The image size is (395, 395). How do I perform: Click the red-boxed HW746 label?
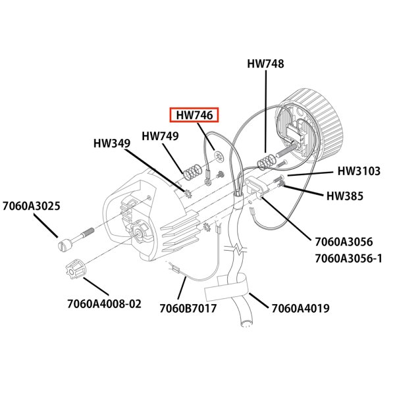tap(194, 115)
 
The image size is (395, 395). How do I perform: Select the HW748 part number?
tap(265, 64)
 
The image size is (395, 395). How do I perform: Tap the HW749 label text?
tap(160, 137)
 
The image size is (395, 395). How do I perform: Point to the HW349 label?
tap(111, 142)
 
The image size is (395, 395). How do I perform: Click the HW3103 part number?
tap(359, 171)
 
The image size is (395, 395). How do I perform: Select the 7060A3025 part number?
tap(31, 206)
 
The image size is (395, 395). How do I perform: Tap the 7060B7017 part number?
tap(188, 307)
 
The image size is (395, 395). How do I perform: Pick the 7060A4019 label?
tap(300, 307)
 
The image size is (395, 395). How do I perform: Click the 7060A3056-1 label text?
tap(348, 258)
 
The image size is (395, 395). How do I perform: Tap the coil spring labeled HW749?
tap(191, 172)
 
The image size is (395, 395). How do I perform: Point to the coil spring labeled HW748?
tap(266, 160)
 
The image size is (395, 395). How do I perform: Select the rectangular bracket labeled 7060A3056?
tap(255, 188)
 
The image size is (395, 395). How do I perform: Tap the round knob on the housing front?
tap(142, 233)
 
